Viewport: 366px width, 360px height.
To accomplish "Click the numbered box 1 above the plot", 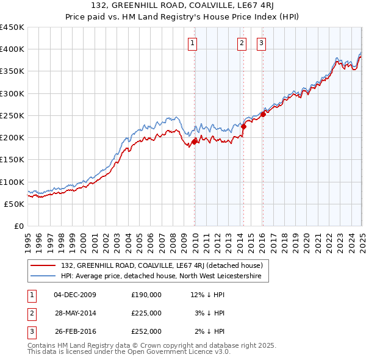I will click(192, 43).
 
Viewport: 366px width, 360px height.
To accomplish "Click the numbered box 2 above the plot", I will click(242, 43).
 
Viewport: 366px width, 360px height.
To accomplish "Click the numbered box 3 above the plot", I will click(261, 43).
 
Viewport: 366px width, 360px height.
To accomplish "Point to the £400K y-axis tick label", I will click(12, 49).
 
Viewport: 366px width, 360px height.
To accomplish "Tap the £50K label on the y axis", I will click(15, 204).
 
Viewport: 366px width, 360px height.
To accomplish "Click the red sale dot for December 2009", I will click(195, 142).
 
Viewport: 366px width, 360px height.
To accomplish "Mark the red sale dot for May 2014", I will click(243, 126).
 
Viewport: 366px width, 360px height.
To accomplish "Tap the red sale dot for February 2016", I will click(263, 114).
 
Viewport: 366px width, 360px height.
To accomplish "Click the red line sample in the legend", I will click(43, 265).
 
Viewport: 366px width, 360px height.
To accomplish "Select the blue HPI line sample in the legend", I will click(43, 276).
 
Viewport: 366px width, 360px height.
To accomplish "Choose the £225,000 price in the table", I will click(146, 313).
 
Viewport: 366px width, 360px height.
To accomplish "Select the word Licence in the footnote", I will click(201, 351).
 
